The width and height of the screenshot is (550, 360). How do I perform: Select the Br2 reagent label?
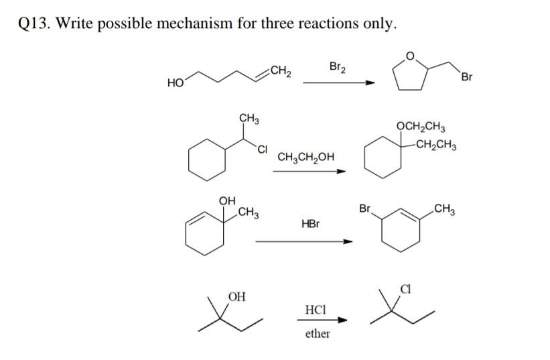pos(338,66)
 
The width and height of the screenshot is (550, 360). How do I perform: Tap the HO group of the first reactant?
pos(176,83)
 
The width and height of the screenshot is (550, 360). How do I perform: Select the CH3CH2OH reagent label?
pos(305,158)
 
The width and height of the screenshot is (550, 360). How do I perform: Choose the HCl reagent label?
pos(315,310)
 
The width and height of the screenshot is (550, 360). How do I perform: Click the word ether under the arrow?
pos(317,333)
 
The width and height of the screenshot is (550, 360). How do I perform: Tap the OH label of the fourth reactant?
pos(236,296)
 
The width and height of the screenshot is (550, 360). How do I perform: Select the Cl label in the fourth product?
pos(404,290)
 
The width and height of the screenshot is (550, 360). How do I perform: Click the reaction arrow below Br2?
pos(338,83)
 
